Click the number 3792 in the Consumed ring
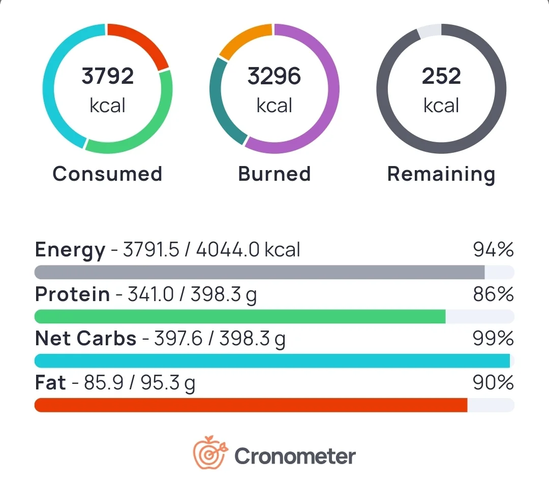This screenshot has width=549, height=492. [107, 76]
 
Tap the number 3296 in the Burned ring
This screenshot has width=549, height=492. [274, 76]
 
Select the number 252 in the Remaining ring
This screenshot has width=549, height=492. [441, 76]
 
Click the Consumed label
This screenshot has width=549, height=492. [107, 174]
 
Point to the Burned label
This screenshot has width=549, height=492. [274, 174]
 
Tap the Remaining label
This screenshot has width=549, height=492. [441, 174]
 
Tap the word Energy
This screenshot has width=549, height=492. [70, 250]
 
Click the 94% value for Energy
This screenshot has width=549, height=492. [493, 250]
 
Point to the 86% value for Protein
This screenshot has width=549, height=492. [493, 294]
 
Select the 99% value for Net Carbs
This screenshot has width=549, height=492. [493, 339]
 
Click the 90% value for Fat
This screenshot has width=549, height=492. [493, 382]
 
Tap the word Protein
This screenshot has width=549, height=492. [72, 294]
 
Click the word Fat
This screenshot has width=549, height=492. [50, 382]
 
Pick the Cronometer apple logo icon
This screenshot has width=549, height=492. [208, 453]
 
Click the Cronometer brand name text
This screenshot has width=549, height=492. [295, 456]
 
